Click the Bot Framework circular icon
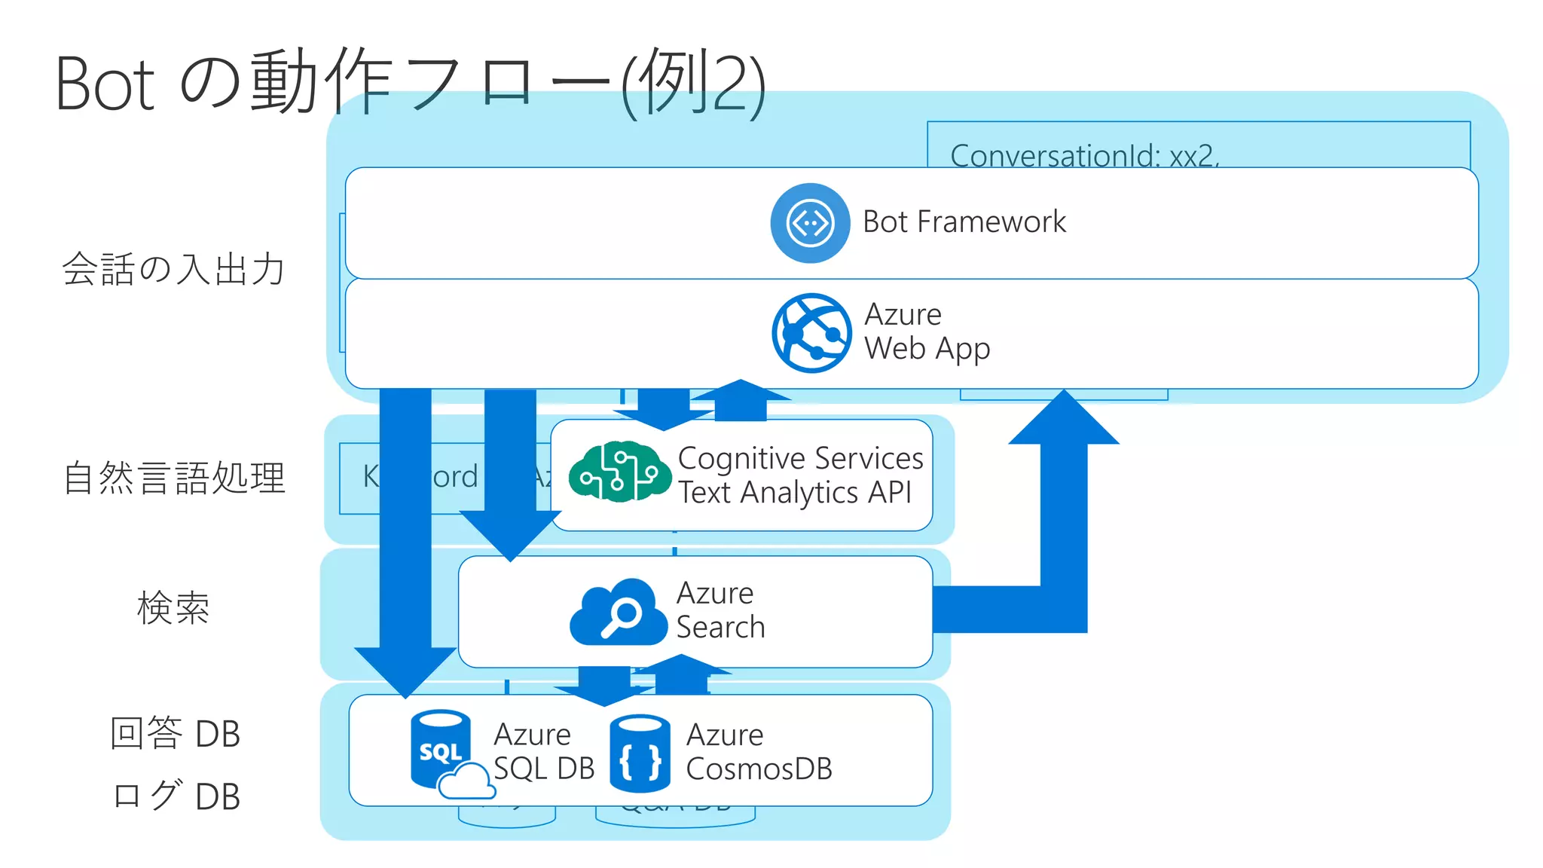pos(810,223)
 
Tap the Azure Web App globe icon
pos(811,333)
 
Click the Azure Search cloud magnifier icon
pos(619,612)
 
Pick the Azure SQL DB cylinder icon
pos(445,750)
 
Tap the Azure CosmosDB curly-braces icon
pos(640,753)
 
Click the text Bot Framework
pos(964,222)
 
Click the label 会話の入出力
pos(174,269)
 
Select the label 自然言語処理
pos(174,478)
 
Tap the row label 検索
pos(173,608)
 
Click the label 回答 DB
pos(175,733)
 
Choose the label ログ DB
pos(175,796)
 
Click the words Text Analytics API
pos(795,493)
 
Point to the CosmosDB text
pos(759,769)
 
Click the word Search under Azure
pos(720,628)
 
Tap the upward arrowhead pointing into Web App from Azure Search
pos(1064,419)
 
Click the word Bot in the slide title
pos(105,84)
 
